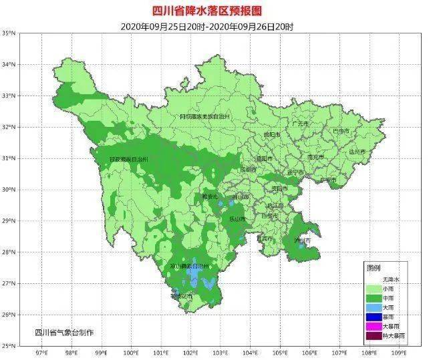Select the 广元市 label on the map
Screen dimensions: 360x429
300,124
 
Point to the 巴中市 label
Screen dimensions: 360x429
341,131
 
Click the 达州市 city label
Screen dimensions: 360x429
358,152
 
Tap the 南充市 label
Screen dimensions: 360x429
315,156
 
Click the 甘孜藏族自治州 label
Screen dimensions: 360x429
128,160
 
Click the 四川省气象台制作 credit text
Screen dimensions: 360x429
65,332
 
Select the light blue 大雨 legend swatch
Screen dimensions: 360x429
374,307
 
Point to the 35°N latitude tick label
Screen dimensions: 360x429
9,33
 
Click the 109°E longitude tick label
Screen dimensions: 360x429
399,352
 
